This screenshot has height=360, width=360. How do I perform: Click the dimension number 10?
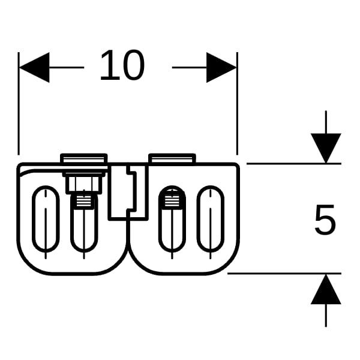(122, 65)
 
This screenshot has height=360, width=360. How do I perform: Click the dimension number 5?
(325, 220)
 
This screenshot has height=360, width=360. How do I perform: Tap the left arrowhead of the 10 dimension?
(34, 67)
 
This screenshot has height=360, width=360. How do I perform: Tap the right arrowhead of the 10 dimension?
(221, 67)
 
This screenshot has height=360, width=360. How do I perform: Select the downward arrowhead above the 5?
(326, 147)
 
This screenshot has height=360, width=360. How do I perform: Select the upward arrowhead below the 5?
(326, 289)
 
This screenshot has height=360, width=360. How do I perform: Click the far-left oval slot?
(46, 218)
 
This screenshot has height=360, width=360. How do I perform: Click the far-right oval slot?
(210, 218)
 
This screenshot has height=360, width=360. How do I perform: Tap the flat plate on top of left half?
(84, 159)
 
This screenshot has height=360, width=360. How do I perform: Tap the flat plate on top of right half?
(172, 158)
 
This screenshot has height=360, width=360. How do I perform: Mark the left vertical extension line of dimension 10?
(19, 108)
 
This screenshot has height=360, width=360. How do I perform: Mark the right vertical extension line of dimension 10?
(238, 108)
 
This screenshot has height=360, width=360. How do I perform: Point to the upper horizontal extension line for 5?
(288, 163)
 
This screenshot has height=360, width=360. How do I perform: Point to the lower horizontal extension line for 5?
(282, 273)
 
